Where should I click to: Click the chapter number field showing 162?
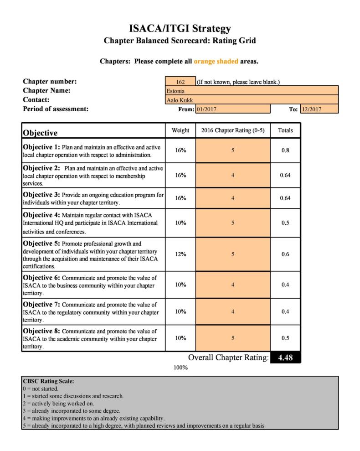pyautogui.click(x=180, y=82)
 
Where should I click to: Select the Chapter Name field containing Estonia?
pyautogui.click(x=252, y=91)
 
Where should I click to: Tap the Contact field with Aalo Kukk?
pyautogui.click(x=252, y=100)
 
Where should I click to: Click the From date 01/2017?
pyautogui.click(x=232, y=109)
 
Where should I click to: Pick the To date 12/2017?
pyautogui.click(x=319, y=109)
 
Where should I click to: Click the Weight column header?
pyautogui.click(x=180, y=130)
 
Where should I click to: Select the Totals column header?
pyautogui.click(x=285, y=130)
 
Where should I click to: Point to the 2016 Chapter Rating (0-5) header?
pyautogui.click(x=233, y=130)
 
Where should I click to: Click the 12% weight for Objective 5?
pyautogui.click(x=180, y=254)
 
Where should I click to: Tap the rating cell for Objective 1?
pyautogui.click(x=233, y=150)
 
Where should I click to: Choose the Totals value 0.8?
pyautogui.click(x=285, y=150)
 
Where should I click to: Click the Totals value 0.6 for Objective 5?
pyautogui.click(x=285, y=254)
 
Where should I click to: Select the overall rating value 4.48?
pyautogui.click(x=285, y=358)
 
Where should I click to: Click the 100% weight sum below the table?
pyautogui.click(x=180, y=368)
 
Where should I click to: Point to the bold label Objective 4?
pyautogui.click(x=41, y=215)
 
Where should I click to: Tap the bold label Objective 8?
pyautogui.click(x=41, y=331)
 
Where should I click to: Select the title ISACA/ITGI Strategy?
pyautogui.click(x=180, y=29)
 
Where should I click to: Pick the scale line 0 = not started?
pyautogui.click(x=41, y=389)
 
